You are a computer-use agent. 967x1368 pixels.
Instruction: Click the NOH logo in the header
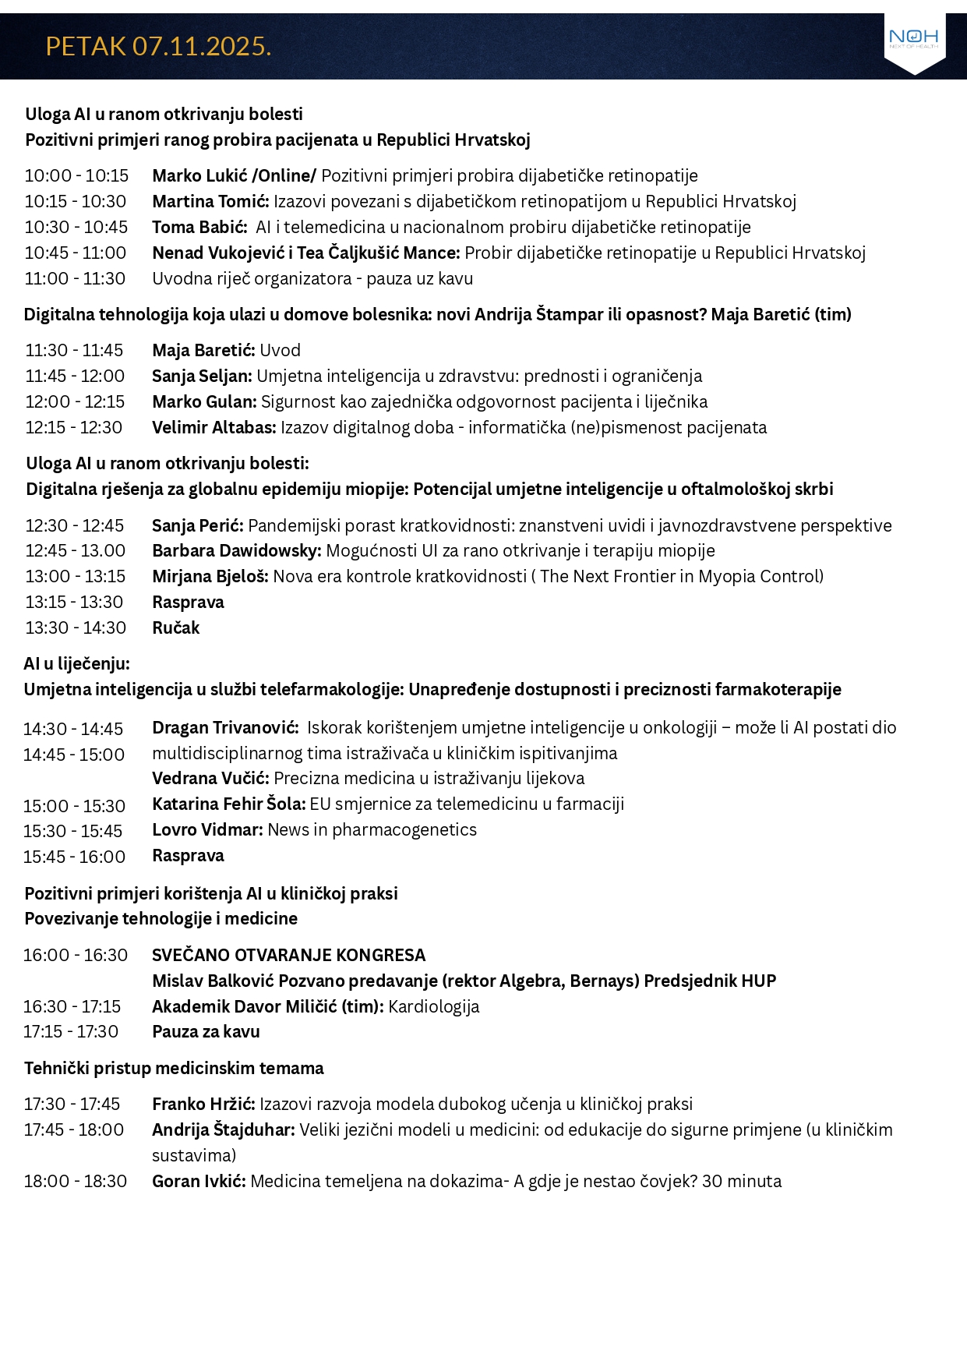[x=913, y=39]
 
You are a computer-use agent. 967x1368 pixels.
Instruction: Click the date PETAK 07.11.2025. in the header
[x=158, y=47]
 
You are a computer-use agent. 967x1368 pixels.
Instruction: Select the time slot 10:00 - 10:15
[x=76, y=176]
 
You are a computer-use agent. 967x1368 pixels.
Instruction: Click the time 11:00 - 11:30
[x=75, y=279]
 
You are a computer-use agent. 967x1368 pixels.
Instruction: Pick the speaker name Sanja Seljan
[x=202, y=376]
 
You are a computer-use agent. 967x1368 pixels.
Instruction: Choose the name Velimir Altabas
[x=214, y=428]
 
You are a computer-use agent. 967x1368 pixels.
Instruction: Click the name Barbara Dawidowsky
[x=236, y=551]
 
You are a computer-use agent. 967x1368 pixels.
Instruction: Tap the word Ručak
[x=176, y=628]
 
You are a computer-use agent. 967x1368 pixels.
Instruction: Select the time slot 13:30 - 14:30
[x=76, y=628]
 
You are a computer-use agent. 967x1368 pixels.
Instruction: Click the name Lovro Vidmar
[x=207, y=830]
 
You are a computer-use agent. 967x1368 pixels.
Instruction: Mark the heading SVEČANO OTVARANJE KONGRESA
[x=288, y=956]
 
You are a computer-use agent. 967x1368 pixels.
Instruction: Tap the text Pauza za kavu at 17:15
[x=206, y=1032]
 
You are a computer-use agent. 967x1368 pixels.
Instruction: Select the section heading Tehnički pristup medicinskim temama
[x=174, y=1069]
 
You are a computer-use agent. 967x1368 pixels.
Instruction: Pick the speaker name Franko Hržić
[x=203, y=1105]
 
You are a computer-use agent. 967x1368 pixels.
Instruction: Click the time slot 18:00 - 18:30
[x=76, y=1182]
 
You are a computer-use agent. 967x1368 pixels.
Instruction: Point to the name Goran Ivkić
[x=199, y=1182]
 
